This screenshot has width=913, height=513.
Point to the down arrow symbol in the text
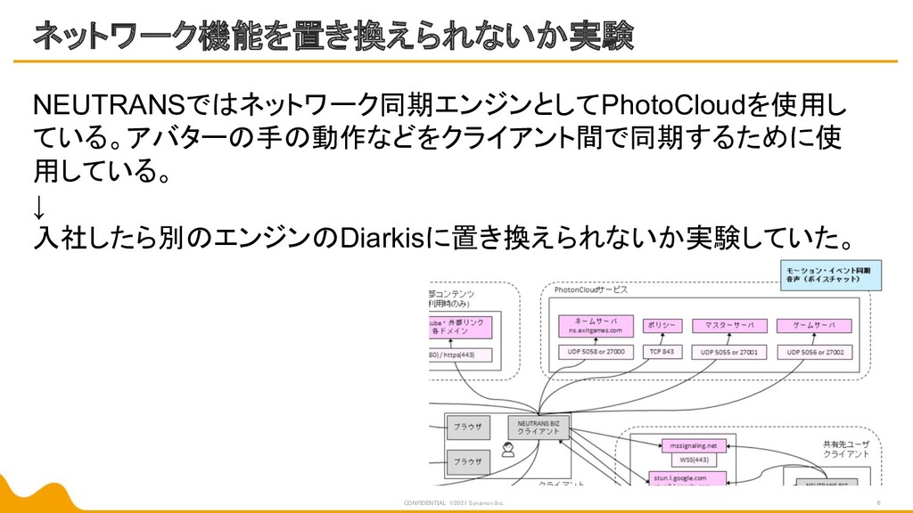tap(37, 208)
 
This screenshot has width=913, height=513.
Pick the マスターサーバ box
tap(728, 326)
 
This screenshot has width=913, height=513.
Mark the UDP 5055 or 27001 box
tap(728, 353)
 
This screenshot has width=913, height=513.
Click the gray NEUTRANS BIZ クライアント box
tap(539, 427)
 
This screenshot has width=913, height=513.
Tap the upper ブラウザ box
tap(468, 425)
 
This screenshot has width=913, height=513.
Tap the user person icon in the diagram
tap(508, 450)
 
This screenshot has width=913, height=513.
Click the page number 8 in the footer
tap(879, 503)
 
